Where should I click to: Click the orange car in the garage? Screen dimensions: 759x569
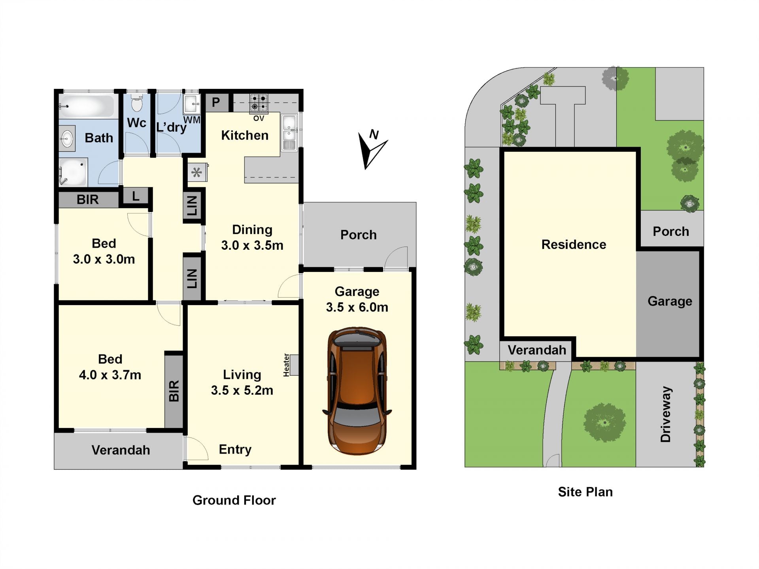tap(357, 390)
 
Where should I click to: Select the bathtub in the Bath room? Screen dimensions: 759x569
tap(87, 106)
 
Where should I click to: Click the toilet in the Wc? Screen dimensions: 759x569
tap(137, 103)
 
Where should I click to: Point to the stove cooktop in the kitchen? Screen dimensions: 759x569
tap(259, 103)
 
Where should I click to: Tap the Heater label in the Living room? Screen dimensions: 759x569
tap(287, 365)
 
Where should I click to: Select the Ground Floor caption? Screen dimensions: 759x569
tap(234, 500)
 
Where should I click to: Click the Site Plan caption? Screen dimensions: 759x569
tap(585, 492)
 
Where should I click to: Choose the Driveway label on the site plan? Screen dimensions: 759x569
tap(666, 414)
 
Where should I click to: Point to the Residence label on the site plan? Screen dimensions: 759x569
tap(574, 245)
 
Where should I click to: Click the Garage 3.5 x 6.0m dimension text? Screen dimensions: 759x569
tap(357, 300)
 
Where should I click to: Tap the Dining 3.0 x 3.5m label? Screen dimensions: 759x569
tap(252, 237)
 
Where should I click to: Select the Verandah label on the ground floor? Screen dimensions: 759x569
tap(121, 450)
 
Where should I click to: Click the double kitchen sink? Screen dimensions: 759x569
tap(289, 132)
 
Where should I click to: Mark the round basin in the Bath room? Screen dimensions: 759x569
tap(67, 139)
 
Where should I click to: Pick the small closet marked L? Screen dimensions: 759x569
tap(136, 196)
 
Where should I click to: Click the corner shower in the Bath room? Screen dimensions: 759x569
tap(73, 172)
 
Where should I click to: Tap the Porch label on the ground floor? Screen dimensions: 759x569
tap(359, 235)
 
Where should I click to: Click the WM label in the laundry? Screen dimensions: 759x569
tap(192, 120)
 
